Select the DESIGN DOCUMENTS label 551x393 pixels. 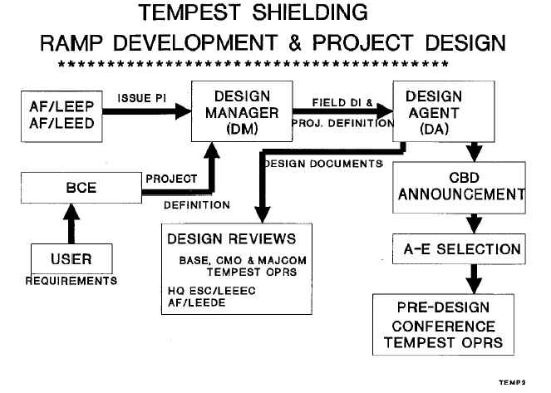click(x=322, y=163)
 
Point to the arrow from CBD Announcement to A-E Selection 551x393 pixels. click(x=473, y=221)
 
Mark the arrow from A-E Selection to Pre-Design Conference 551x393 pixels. click(x=473, y=276)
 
